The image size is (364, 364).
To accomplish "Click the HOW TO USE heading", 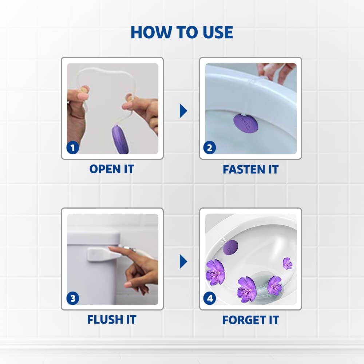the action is click(182, 32).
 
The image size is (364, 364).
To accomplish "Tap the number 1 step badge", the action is click(73, 148).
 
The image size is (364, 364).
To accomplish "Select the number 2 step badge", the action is click(209, 148).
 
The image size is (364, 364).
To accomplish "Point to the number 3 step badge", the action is click(73, 298).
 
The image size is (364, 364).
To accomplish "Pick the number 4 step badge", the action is click(209, 298).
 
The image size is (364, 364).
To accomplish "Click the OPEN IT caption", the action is click(112, 169).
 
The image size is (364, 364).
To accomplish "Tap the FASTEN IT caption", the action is click(251, 169).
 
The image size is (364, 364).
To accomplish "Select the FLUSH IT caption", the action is click(112, 320).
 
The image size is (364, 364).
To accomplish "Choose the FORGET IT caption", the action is click(251, 320).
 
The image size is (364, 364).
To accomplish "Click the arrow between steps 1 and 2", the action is click(183, 111).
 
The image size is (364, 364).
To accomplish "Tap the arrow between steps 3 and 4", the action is click(183, 262).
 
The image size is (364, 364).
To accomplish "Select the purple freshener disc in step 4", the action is click(230, 248).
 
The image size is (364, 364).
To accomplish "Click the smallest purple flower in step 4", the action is click(288, 264).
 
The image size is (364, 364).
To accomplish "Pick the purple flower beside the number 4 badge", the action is click(215, 272).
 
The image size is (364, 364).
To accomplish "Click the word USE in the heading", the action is click(218, 32).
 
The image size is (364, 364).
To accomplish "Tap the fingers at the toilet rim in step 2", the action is click(276, 72).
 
